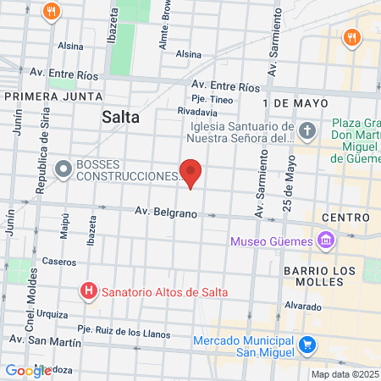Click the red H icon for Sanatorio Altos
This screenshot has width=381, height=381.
click(x=88, y=291)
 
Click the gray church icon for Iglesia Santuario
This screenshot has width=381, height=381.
click(x=307, y=131)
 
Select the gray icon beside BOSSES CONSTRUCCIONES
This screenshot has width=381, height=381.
click(x=63, y=168)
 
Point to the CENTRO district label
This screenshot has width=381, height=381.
click(x=345, y=218)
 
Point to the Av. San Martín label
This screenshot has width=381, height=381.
click(x=45, y=341)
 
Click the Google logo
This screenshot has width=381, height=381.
click(x=27, y=371)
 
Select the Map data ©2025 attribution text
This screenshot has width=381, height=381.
click(x=344, y=374)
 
